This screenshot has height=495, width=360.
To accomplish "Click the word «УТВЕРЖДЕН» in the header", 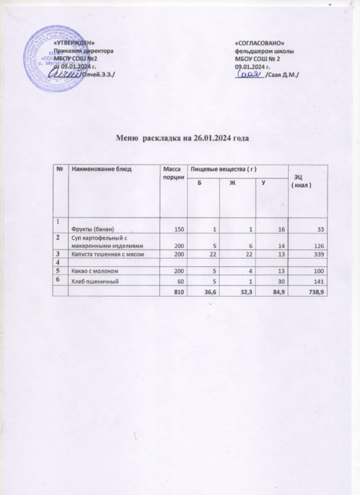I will [x=74, y=44].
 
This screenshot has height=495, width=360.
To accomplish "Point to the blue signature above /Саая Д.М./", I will [x=249, y=74].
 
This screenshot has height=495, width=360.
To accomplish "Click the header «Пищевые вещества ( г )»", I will [x=223, y=168].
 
